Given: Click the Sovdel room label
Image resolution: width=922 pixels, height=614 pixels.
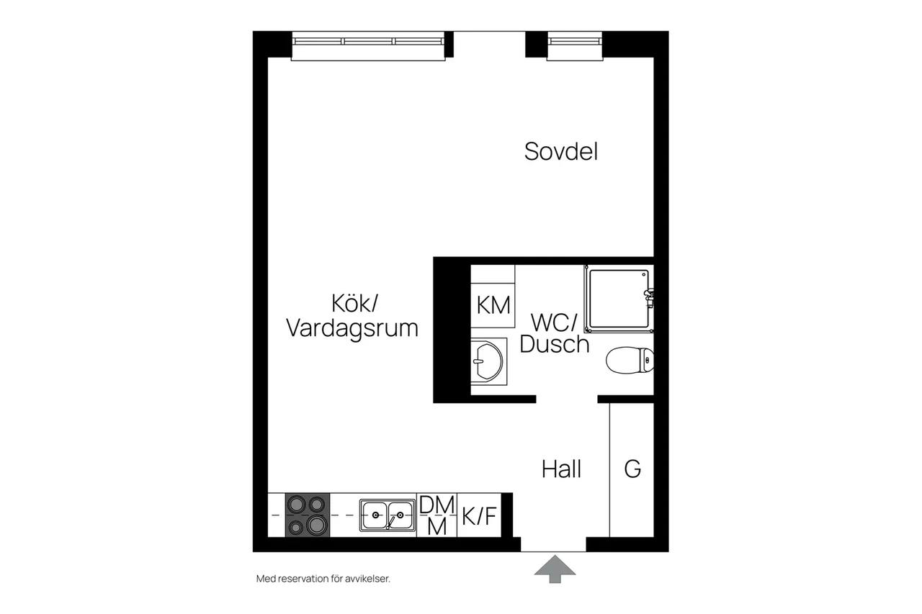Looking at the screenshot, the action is (x=560, y=151).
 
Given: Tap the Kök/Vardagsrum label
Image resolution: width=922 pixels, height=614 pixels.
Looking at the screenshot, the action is (x=352, y=316).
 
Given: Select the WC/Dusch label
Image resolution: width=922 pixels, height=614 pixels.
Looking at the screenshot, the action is (x=555, y=333).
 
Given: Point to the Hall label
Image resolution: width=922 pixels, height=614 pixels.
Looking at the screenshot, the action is (x=561, y=469).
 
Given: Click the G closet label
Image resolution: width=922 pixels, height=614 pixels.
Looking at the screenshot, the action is (x=632, y=469).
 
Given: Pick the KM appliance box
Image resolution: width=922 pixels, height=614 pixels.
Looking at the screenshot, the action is (x=493, y=306).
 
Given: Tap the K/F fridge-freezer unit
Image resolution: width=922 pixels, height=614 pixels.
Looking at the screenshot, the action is (x=479, y=515).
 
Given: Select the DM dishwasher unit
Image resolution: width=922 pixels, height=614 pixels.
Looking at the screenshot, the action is (x=437, y=515).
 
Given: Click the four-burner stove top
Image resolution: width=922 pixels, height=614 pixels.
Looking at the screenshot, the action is (x=308, y=515).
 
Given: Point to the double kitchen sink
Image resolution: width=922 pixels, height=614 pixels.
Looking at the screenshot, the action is (x=388, y=515).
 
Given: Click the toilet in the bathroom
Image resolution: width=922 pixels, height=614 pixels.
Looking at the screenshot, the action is (x=630, y=360).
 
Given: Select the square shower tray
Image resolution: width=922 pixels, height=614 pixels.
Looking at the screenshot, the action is (x=619, y=299).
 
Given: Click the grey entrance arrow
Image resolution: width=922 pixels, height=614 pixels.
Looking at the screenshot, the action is (x=555, y=569).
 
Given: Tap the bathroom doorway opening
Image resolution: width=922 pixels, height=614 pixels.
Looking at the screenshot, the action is (x=567, y=399).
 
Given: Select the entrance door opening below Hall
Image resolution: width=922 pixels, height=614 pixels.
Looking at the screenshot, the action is (x=553, y=544).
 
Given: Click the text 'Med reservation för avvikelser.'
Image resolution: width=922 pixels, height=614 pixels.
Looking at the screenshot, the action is (x=323, y=579).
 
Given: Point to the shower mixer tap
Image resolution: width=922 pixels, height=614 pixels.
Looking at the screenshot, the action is (x=649, y=298).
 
